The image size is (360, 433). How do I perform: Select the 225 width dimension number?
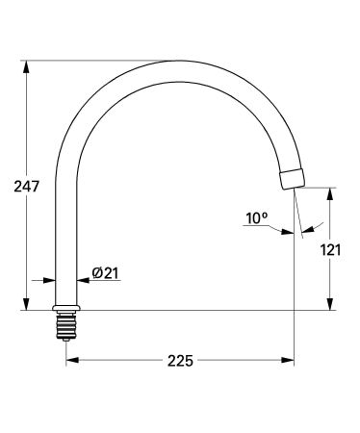point(180,361)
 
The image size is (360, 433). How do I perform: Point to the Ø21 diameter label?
point(105,274)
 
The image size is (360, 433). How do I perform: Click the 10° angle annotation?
point(257,218)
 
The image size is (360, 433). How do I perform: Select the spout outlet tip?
point(293,179)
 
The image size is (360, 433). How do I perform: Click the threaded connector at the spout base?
point(65,326)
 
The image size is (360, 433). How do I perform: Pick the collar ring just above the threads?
point(65,310)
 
